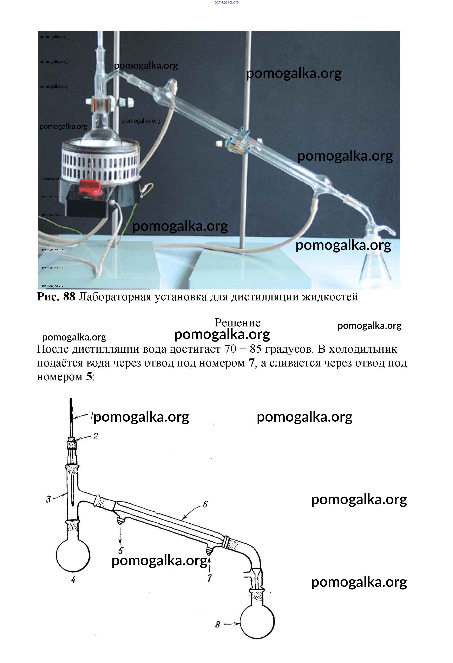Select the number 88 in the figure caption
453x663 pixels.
click(x=69, y=297)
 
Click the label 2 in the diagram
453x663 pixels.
click(x=96, y=436)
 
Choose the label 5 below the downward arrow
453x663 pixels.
click(x=121, y=551)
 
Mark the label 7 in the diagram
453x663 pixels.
click(x=210, y=578)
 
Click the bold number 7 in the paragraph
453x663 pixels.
click(x=251, y=363)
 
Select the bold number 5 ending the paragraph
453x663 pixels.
click(x=89, y=377)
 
